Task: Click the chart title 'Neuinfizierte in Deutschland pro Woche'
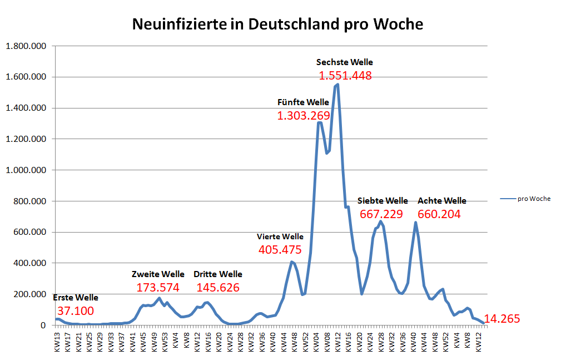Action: pyautogui.click(x=277, y=24)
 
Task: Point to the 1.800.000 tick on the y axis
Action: pyautogui.click(x=25, y=46)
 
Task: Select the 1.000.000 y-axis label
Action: pyautogui.click(x=25, y=170)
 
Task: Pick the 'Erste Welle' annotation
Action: pyautogui.click(x=76, y=298)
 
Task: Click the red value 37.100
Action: pyautogui.click(x=76, y=311)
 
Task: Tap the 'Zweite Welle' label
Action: pyautogui.click(x=158, y=274)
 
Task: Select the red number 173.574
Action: pyautogui.click(x=158, y=288)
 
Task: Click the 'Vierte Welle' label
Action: pyautogui.click(x=280, y=236)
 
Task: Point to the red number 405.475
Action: pyautogui.click(x=280, y=250)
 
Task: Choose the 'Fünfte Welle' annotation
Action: pyautogui.click(x=303, y=102)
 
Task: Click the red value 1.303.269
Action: pyautogui.click(x=303, y=116)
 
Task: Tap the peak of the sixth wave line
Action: pyautogui.click(x=337, y=85)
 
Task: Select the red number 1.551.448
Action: pyautogui.click(x=345, y=76)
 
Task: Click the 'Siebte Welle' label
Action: pyautogui.click(x=383, y=200)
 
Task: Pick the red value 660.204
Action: pyautogui.click(x=439, y=214)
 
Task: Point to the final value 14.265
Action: pyautogui.click(x=502, y=319)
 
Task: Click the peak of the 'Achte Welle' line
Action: pyautogui.click(x=415, y=223)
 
